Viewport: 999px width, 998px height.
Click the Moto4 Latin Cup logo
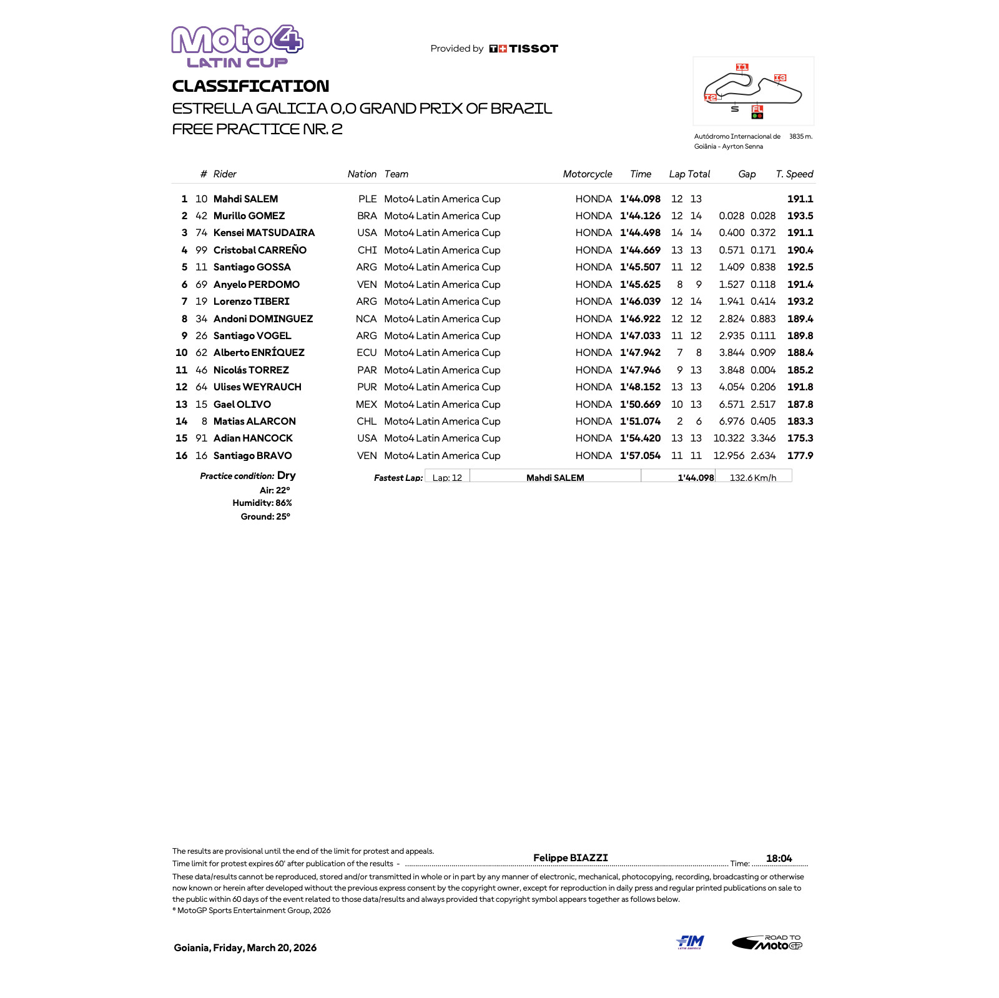237,46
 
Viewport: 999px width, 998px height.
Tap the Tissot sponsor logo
524,49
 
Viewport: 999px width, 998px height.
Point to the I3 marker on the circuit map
780,78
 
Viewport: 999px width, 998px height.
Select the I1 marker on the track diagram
742,67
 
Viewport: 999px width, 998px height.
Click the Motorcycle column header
587,174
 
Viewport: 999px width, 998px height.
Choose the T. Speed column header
794,174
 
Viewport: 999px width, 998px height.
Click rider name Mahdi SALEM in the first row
245,199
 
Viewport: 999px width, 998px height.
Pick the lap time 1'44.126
640,216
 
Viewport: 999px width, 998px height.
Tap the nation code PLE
367,199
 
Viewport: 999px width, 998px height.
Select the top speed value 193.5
800,216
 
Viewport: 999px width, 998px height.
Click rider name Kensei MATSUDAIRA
263,233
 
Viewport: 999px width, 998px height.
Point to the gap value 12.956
729,456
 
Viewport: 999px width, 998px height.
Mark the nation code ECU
367,353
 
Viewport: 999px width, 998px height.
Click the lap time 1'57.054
640,456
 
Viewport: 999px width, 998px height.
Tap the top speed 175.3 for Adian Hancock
800,438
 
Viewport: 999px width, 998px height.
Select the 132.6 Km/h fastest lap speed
753,478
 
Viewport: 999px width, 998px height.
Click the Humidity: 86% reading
262,503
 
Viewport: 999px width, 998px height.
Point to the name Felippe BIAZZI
570,858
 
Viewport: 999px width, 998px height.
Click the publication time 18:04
779,859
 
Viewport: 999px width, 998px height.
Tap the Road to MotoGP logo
767,942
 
